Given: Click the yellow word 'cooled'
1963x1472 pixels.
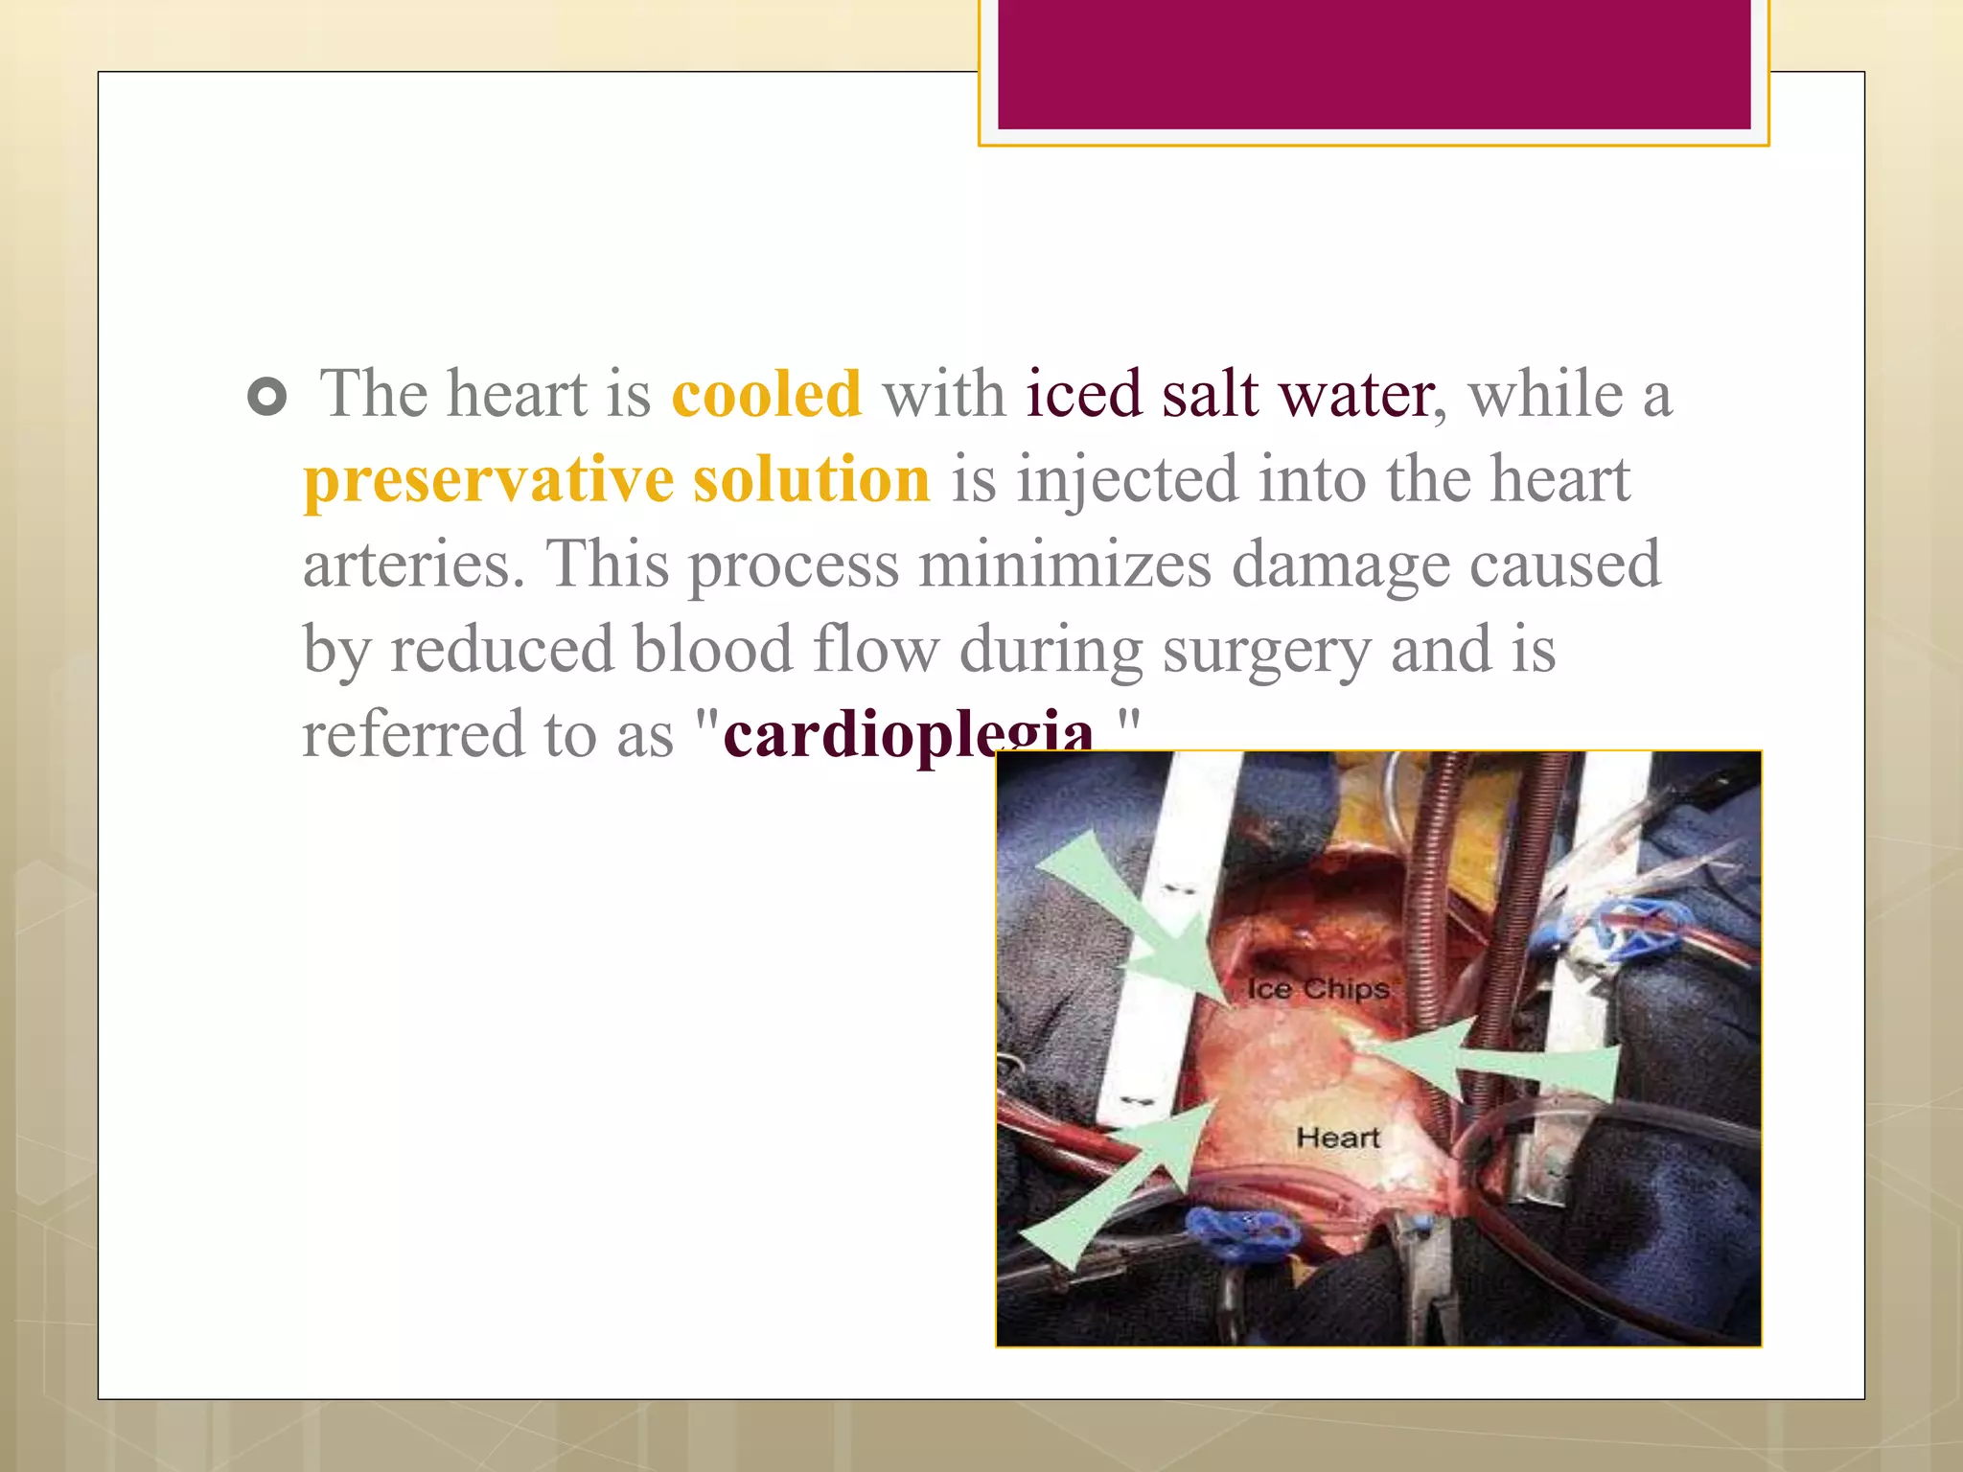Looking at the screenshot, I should coord(766,394).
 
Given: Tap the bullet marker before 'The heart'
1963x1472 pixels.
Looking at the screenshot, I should coord(266,397).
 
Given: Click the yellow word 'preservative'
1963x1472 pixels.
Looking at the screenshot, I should coord(488,479).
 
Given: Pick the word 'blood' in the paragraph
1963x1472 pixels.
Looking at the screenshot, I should coord(712,649).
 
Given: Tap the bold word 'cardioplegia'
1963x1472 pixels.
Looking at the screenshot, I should coord(907,736).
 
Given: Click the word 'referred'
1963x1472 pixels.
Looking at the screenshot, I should coord(412,734).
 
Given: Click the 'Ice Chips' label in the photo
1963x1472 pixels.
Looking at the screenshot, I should coord(1318,988).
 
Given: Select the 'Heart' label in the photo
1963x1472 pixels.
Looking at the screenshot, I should coord(1337,1138).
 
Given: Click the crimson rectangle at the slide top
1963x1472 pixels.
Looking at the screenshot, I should coord(1374,64).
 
